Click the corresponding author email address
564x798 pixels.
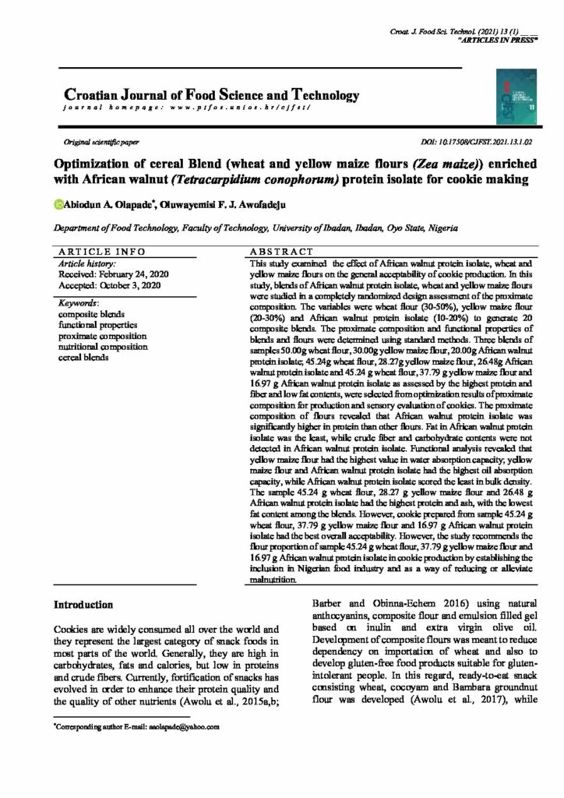(182, 726)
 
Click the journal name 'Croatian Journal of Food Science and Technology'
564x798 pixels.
(206, 95)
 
